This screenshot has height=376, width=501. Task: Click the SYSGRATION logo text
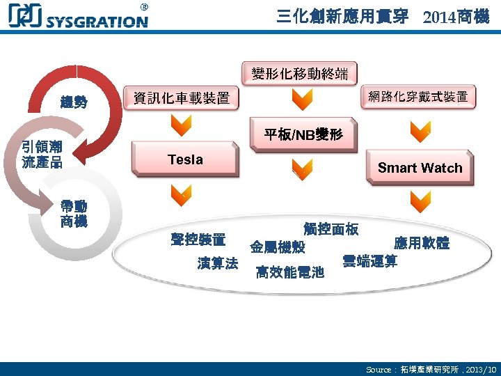pos(97,21)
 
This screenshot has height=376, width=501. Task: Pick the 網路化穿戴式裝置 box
pos(417,97)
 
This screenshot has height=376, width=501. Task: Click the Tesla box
pos(185,160)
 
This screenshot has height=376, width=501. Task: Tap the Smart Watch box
pos(420,168)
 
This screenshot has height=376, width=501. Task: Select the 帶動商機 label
pos(74,214)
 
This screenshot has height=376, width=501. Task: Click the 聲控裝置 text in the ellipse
pos(198,240)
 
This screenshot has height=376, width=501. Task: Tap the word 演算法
pos(218,263)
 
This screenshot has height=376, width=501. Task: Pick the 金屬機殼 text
pos(277,247)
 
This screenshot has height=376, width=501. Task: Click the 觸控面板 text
pos(331,229)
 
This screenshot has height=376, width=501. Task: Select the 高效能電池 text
pos(289,272)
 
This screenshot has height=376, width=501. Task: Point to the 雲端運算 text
pos(369,261)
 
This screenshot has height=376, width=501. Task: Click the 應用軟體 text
pos(422,243)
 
